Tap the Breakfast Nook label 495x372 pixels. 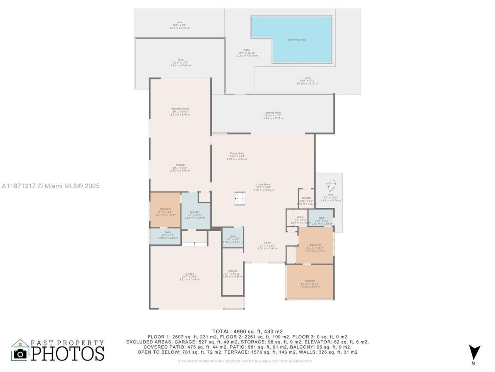click(x=180, y=109)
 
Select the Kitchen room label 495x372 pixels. click(x=180, y=165)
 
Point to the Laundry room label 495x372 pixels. click(x=195, y=212)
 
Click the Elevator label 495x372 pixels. click(x=306, y=198)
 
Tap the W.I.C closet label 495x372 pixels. click(x=300, y=217)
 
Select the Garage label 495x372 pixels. click(x=189, y=274)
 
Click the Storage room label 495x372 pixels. click(x=233, y=271)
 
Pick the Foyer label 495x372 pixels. click(x=267, y=243)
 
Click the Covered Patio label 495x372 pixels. click(x=273, y=113)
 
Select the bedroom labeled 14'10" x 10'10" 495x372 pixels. click(x=310, y=281)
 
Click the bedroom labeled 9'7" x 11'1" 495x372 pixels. click(x=165, y=209)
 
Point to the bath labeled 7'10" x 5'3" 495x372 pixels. click(x=322, y=218)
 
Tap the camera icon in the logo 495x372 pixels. click(x=20, y=353)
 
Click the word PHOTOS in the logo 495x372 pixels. click(x=68, y=353)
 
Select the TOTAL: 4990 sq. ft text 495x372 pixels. click(x=247, y=331)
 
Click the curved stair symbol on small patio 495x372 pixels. click(x=331, y=186)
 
